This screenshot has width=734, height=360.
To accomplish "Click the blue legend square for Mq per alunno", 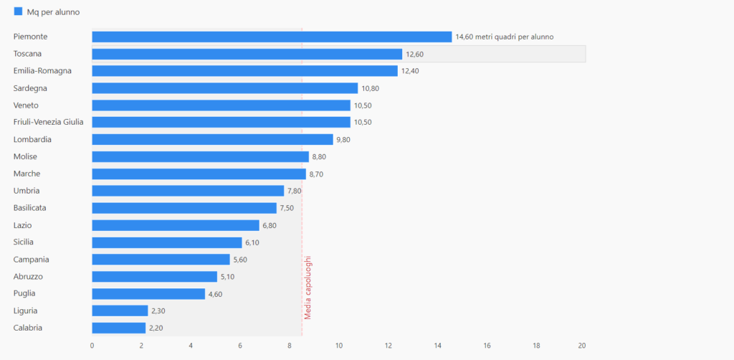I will [19, 11].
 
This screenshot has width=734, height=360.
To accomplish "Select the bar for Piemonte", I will [272, 37].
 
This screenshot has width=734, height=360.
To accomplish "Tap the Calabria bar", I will [119, 328].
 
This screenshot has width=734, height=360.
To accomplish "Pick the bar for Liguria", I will [120, 311].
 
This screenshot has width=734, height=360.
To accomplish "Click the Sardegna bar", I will [224, 88].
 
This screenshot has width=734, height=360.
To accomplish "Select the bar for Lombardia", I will [212, 140].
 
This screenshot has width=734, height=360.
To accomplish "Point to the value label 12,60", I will [415, 54].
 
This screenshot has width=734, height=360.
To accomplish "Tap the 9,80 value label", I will [343, 140].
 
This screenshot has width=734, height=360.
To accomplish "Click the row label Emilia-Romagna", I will [42, 71].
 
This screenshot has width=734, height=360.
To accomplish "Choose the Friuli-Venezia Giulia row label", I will [48, 122].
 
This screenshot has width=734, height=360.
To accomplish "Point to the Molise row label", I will [25, 156].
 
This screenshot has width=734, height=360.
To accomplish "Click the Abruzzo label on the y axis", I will [28, 276].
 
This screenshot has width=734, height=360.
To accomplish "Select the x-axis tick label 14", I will [437, 346].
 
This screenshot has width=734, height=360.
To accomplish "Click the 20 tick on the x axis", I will [582, 346].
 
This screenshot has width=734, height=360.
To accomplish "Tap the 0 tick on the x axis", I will [92, 346].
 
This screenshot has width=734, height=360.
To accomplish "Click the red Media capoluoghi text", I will [308, 288].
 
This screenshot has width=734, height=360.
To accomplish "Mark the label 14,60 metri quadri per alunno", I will [504, 37].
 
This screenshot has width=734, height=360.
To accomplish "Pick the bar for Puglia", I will [148, 293].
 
